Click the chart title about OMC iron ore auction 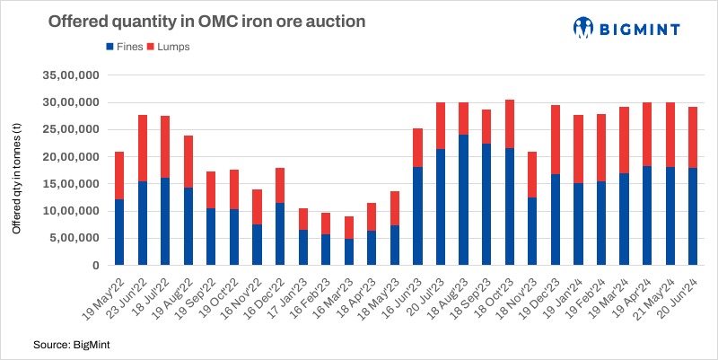pyautogui.click(x=207, y=21)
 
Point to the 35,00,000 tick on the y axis pyautogui.click(x=69, y=75)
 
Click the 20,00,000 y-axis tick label pyautogui.click(x=69, y=157)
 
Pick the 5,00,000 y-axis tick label pyautogui.click(x=72, y=239)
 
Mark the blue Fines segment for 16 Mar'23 pyautogui.click(x=349, y=252)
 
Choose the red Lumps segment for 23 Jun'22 pyautogui.click(x=143, y=148)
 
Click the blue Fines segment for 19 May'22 pyautogui.click(x=119, y=233)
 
